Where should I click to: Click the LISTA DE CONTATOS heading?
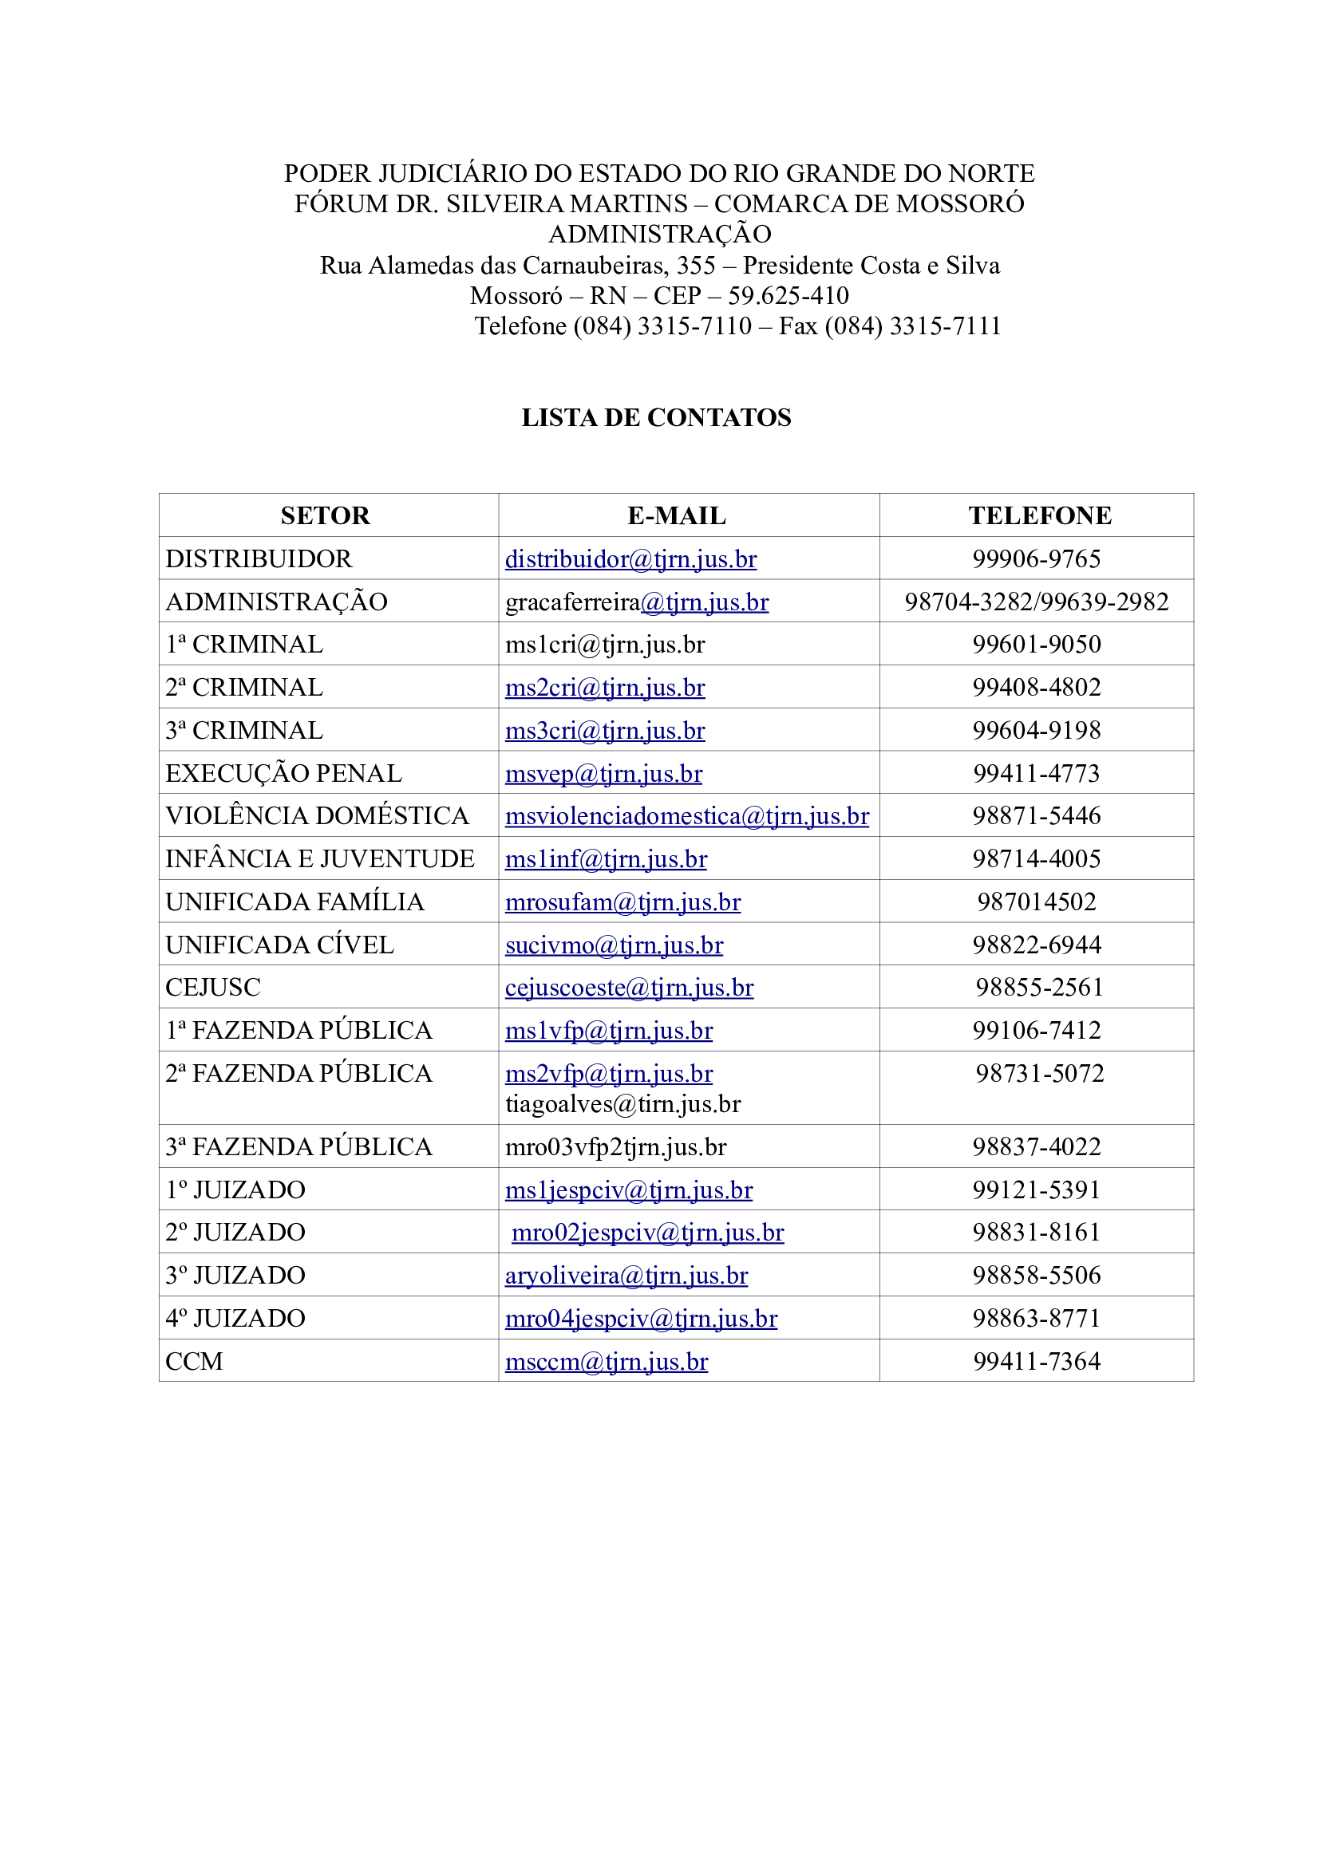pyautogui.click(x=656, y=418)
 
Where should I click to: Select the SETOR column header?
pyautogui.click(x=325, y=515)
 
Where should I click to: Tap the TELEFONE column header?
pyautogui.click(x=1040, y=515)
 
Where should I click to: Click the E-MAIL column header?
pyautogui.click(x=676, y=515)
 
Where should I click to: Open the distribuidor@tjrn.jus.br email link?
pyautogui.click(x=630, y=559)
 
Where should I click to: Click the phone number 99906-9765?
pyautogui.click(x=1037, y=559)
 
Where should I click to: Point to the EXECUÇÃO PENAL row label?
pyautogui.click(x=283, y=773)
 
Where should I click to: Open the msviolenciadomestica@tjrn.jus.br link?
pyautogui.click(x=687, y=816)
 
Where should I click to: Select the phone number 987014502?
pyautogui.click(x=1037, y=901)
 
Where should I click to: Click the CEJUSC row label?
pyautogui.click(x=213, y=988)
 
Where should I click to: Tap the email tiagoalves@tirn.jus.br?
pyautogui.click(x=622, y=1103)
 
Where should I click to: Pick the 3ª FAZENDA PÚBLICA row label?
pyautogui.click(x=298, y=1146)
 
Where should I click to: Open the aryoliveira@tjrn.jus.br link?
pyautogui.click(x=626, y=1276)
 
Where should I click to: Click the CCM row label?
pyautogui.click(x=194, y=1361)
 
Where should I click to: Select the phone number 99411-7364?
pyautogui.click(x=1037, y=1361)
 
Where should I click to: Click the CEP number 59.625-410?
pyautogui.click(x=788, y=296)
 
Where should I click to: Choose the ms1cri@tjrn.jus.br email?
pyautogui.click(x=605, y=645)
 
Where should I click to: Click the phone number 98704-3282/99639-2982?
pyautogui.click(x=1037, y=602)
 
